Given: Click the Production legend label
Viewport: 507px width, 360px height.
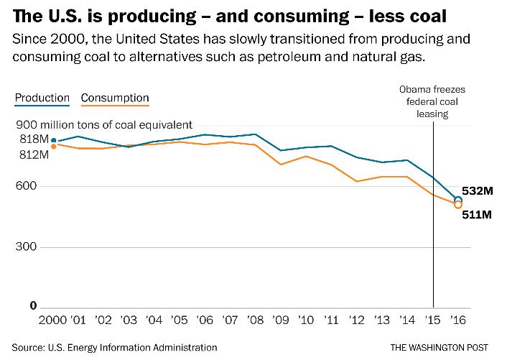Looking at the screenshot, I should [x=42, y=98].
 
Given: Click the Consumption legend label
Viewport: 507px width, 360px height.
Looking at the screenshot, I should [x=115, y=98].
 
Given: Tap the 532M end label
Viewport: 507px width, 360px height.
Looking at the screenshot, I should [x=478, y=192].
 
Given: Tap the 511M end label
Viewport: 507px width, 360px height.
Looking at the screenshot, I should [x=478, y=214].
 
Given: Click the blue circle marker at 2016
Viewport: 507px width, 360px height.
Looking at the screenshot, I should [x=458, y=200].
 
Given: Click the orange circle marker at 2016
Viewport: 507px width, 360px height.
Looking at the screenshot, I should [x=458, y=206].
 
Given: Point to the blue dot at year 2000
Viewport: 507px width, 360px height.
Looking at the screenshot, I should [x=53, y=141].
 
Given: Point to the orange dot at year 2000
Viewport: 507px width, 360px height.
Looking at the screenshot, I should [x=53, y=147].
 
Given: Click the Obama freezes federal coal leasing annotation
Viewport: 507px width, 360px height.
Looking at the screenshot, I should [x=433, y=101].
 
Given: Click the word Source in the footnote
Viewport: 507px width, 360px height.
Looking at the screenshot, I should [x=25, y=348].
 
